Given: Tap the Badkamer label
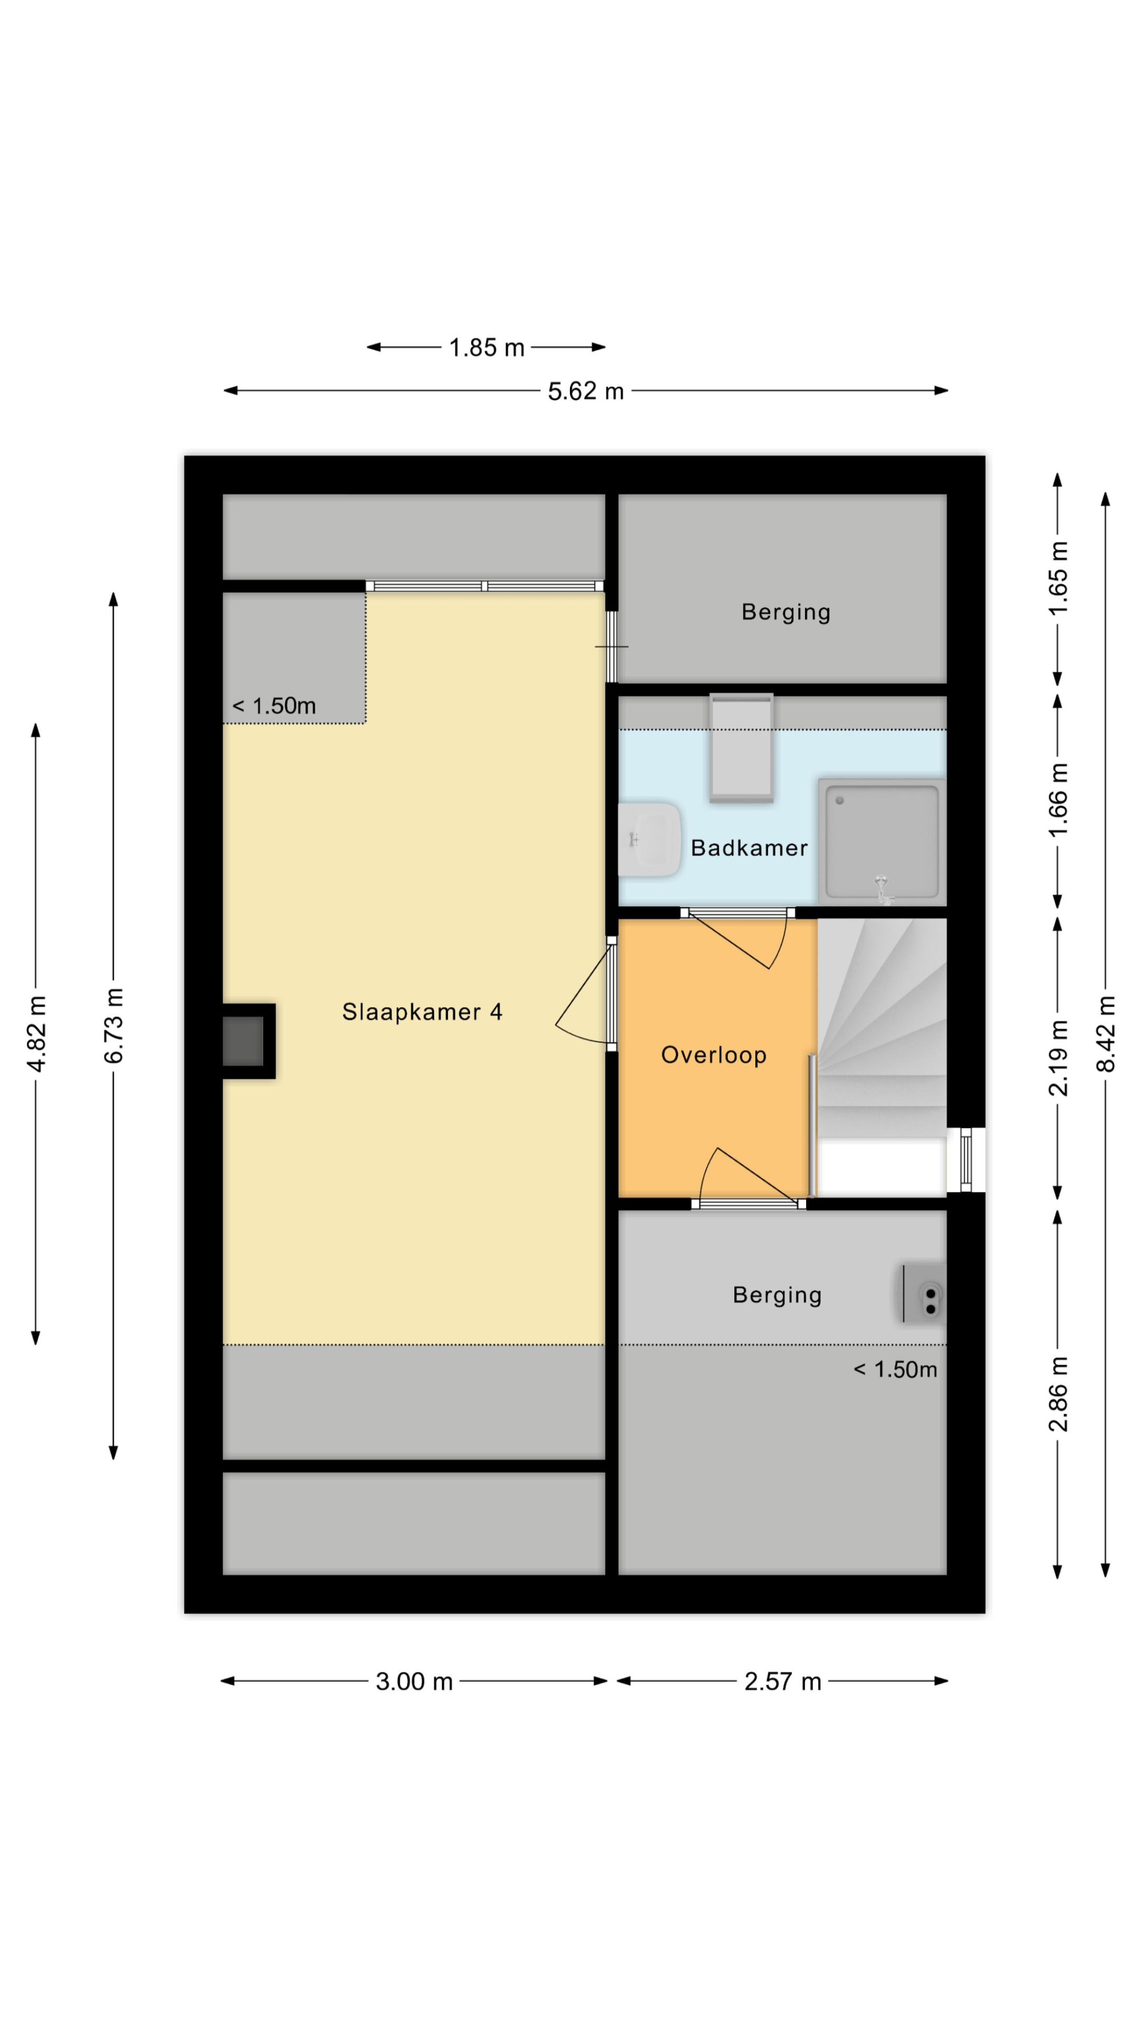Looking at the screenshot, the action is click(x=749, y=848).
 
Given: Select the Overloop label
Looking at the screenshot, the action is click(x=714, y=1056).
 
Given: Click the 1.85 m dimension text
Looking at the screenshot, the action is click(x=486, y=347).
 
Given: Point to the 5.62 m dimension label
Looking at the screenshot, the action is click(x=585, y=391).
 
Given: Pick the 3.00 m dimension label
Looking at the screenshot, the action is click(x=414, y=1682).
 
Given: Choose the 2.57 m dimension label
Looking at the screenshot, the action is click(x=783, y=1682).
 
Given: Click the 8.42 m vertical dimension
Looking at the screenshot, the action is click(x=1106, y=1035).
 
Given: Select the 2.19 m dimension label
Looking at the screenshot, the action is click(x=1058, y=1057).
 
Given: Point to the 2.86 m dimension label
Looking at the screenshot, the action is click(x=1058, y=1393).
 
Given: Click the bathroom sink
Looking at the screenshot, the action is click(x=649, y=839).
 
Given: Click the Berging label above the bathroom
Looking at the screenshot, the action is click(x=786, y=612).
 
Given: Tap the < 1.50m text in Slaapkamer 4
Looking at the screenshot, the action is click(x=274, y=706).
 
